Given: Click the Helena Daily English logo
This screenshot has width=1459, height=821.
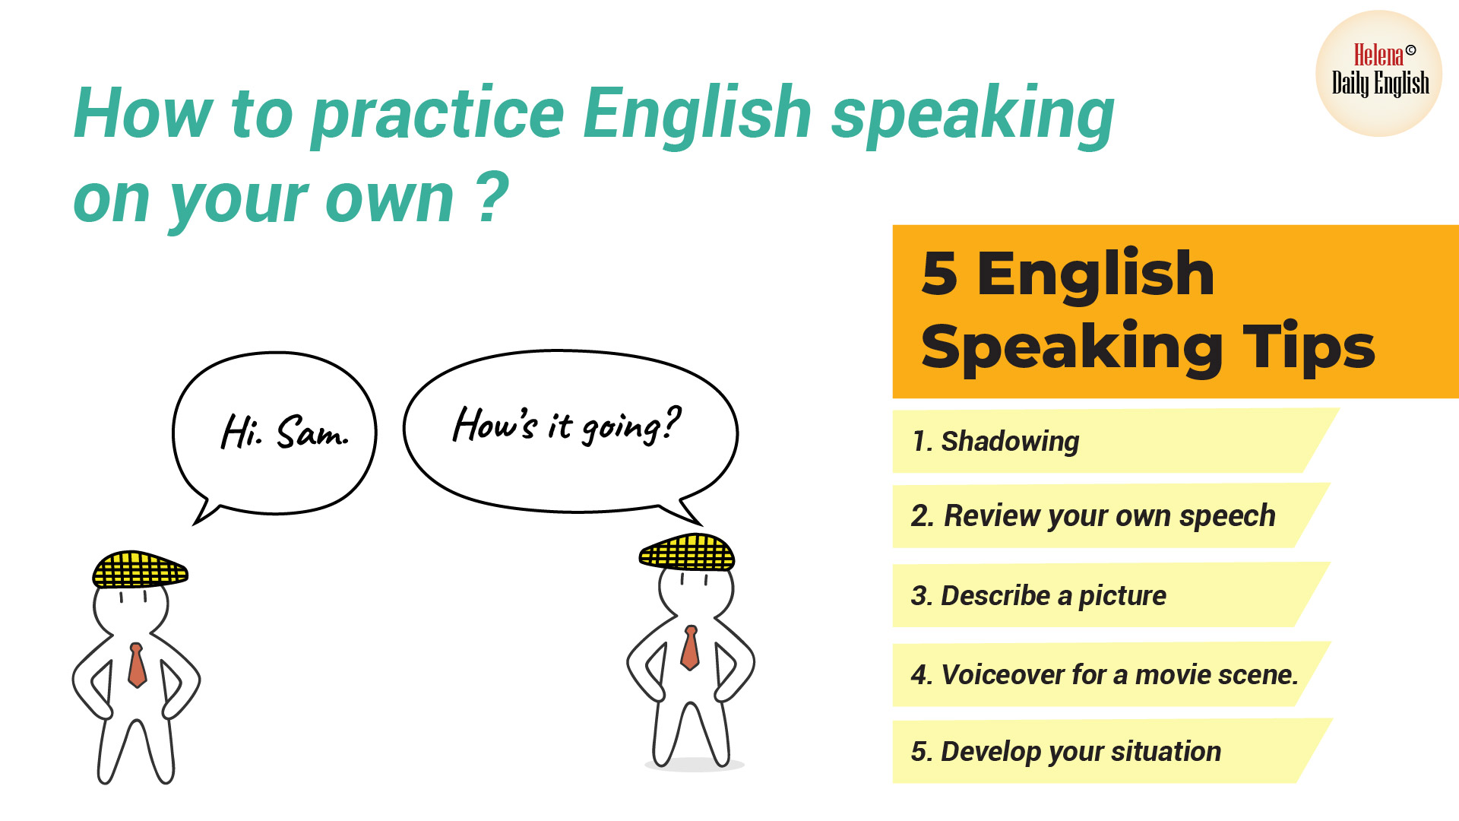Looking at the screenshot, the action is [x=1379, y=74].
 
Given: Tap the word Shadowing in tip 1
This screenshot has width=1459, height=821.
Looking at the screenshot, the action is [x=1010, y=441].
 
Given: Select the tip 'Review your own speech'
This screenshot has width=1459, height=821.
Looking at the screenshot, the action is [x=1093, y=515].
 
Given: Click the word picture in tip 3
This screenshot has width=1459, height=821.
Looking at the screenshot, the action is [x=1122, y=596].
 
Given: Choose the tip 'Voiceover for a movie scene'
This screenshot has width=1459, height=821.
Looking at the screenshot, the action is [x=1104, y=674].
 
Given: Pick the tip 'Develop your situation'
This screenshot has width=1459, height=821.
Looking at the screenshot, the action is [x=1066, y=751].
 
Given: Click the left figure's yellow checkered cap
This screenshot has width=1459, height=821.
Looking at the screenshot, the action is [x=139, y=569].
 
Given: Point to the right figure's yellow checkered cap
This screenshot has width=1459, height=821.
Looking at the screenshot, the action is [x=687, y=553].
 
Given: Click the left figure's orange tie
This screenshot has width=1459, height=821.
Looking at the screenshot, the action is [x=137, y=665].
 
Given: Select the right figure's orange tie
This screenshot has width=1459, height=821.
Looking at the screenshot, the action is [x=690, y=648].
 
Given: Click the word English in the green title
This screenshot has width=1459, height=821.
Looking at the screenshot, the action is [x=698, y=113].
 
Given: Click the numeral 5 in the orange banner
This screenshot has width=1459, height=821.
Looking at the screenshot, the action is [x=939, y=274].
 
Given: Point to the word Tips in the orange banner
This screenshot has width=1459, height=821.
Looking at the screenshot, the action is [x=1309, y=347].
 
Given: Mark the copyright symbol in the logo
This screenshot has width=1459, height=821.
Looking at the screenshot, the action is [x=1410, y=50].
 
